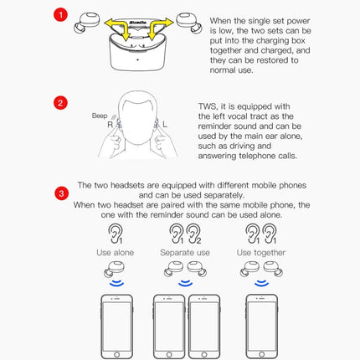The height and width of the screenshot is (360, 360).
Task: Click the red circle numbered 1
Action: pyautogui.click(x=60, y=16)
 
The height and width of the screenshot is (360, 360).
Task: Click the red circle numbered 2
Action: pyautogui.click(x=60, y=104)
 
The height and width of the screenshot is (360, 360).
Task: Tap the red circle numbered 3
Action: pyautogui.click(x=60, y=194)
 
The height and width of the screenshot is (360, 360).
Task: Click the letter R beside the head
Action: pyautogui.click(x=111, y=122)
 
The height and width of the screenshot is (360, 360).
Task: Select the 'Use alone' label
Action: pyautogui.click(x=115, y=252)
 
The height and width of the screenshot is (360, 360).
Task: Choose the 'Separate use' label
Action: pyautogui.click(x=185, y=252)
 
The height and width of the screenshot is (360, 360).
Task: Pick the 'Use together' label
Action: pyautogui.click(x=260, y=252)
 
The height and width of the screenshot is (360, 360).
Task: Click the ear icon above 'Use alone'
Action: pyautogui.click(x=115, y=232)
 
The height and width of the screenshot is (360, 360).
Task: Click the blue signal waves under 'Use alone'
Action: pyautogui.click(x=115, y=284)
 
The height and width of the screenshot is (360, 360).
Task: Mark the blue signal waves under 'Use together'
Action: pyautogui.click(x=260, y=284)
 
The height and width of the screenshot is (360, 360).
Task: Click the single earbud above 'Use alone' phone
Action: pyautogui.click(x=115, y=270)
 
